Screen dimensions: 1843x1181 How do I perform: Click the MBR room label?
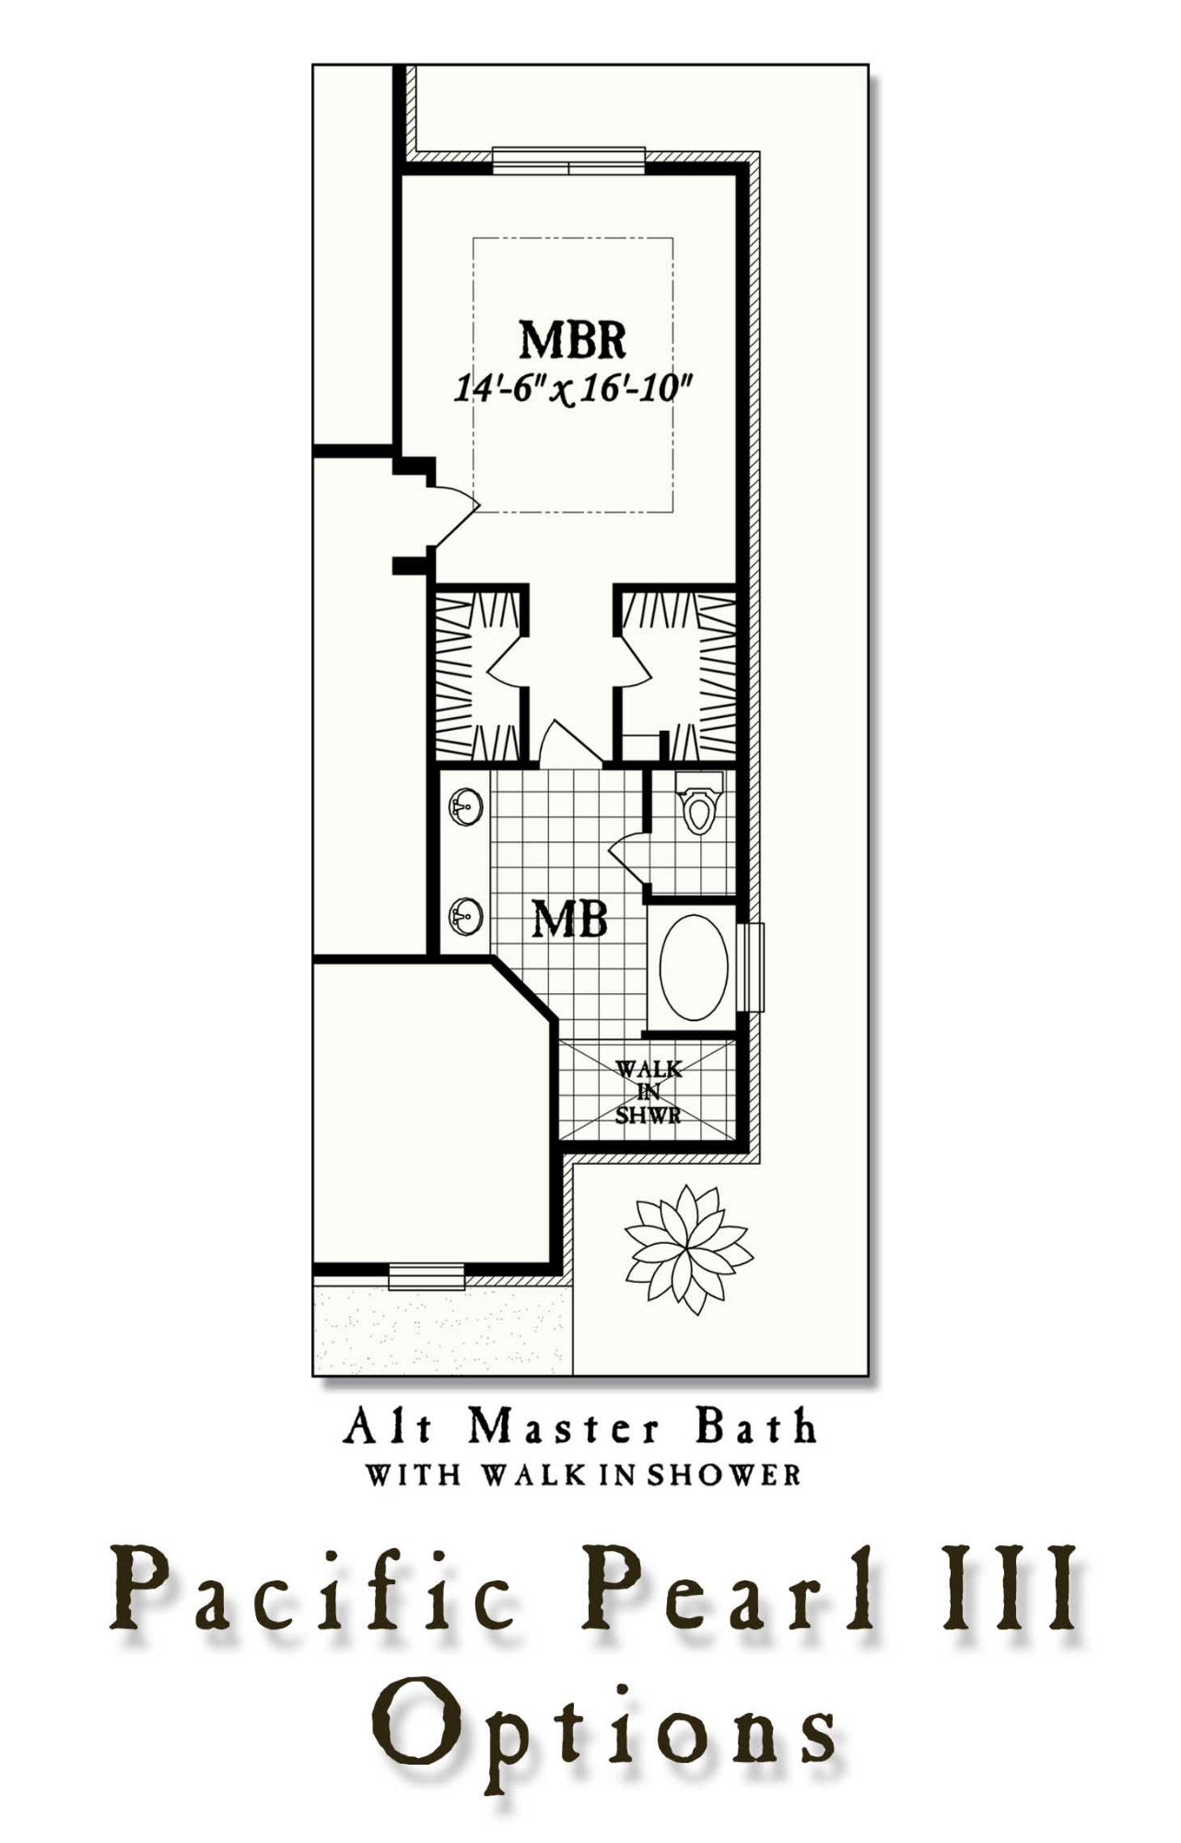tap(572, 339)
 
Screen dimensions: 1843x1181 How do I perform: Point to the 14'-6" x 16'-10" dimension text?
tap(572, 389)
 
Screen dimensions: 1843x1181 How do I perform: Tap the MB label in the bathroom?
tap(570, 919)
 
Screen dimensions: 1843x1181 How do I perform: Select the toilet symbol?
tap(698, 804)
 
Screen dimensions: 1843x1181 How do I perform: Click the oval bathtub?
tap(694, 967)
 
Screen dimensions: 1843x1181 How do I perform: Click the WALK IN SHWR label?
tap(649, 1092)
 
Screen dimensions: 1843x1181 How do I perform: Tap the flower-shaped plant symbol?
tap(688, 1249)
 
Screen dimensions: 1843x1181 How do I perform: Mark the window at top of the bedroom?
tap(568, 160)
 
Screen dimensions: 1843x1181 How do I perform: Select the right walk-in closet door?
tap(633, 663)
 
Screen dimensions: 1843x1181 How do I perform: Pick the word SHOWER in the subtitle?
tap(723, 1475)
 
